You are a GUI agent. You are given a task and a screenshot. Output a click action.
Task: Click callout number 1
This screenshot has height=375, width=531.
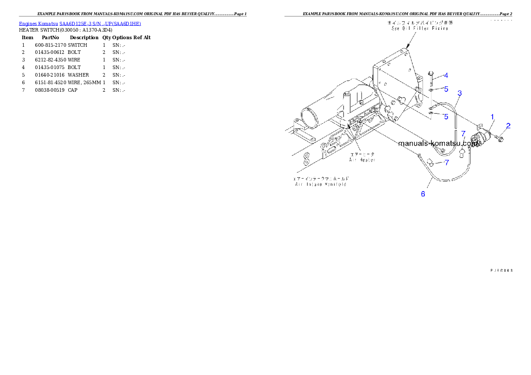click(493, 117)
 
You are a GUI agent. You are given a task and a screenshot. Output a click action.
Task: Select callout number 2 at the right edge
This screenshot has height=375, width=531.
click(508, 126)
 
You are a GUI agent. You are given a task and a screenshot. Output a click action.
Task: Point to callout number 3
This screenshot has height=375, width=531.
click(460, 93)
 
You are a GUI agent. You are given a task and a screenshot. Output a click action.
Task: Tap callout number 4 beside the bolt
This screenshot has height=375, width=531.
click(446, 76)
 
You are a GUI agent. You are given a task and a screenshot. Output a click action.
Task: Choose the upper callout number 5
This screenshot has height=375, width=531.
click(446, 89)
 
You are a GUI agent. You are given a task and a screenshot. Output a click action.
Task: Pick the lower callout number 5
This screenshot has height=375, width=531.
click(446, 117)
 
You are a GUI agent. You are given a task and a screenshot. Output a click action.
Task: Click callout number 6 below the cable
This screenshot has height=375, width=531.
click(423, 194)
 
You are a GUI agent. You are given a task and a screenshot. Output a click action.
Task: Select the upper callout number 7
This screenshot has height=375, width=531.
click(463, 133)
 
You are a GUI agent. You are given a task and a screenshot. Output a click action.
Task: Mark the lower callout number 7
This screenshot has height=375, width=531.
click(446, 163)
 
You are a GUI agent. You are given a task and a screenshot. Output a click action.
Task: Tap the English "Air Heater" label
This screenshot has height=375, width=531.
click(362, 159)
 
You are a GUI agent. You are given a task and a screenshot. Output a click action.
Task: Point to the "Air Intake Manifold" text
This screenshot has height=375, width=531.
click(320, 184)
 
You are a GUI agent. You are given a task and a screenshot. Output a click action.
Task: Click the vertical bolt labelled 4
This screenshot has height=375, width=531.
click(431, 79)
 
